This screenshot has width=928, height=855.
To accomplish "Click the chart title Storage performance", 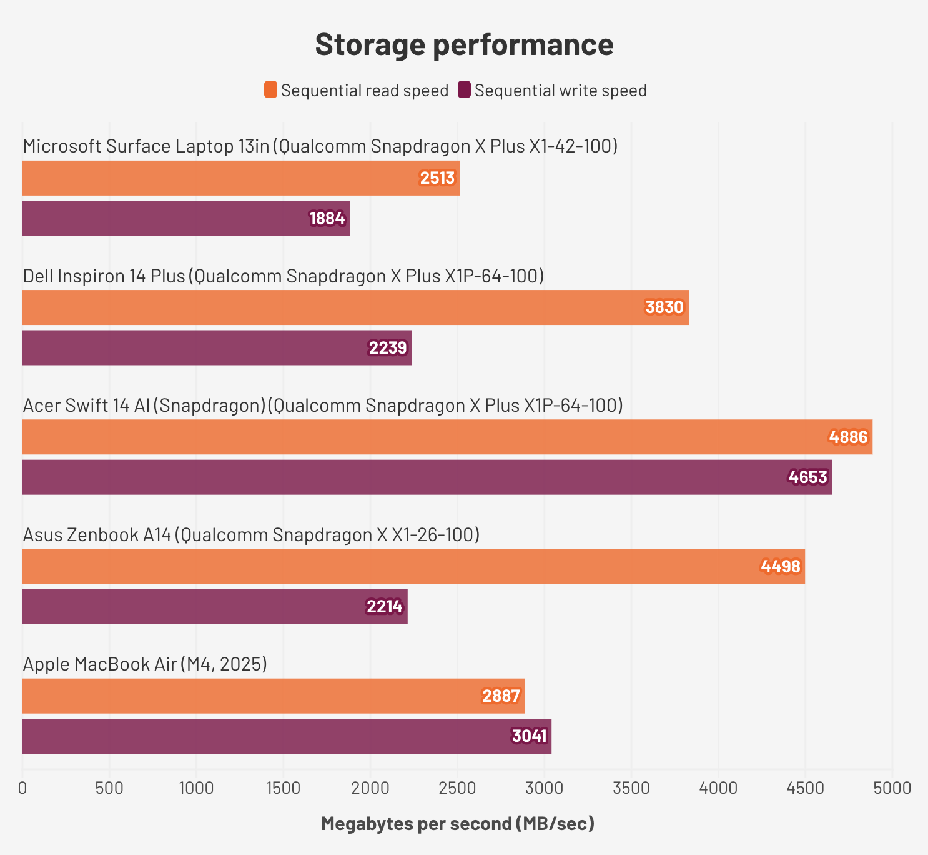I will pos(464,44).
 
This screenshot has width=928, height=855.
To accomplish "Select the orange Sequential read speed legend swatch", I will pos(270,90).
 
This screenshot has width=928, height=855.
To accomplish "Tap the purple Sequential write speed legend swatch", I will pos(464,90).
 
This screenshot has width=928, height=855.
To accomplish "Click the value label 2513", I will pos(437,178).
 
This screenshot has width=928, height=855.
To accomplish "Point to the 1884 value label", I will pos(327,218).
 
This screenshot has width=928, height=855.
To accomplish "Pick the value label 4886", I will pos(849,437).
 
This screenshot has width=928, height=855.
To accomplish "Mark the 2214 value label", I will pos(385,606).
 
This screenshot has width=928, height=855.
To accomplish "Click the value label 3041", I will pos(530,736).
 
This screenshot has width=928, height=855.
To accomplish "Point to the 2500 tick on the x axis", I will pos(457,787).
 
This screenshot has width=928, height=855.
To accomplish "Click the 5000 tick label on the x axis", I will pos(892,787).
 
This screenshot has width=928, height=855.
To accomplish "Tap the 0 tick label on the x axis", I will pos(23,787).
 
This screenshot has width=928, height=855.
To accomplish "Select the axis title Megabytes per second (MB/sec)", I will pos(458,823).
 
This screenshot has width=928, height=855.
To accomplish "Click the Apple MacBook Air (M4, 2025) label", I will pos(145,664).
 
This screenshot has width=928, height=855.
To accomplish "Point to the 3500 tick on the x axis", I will pos(631,787).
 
